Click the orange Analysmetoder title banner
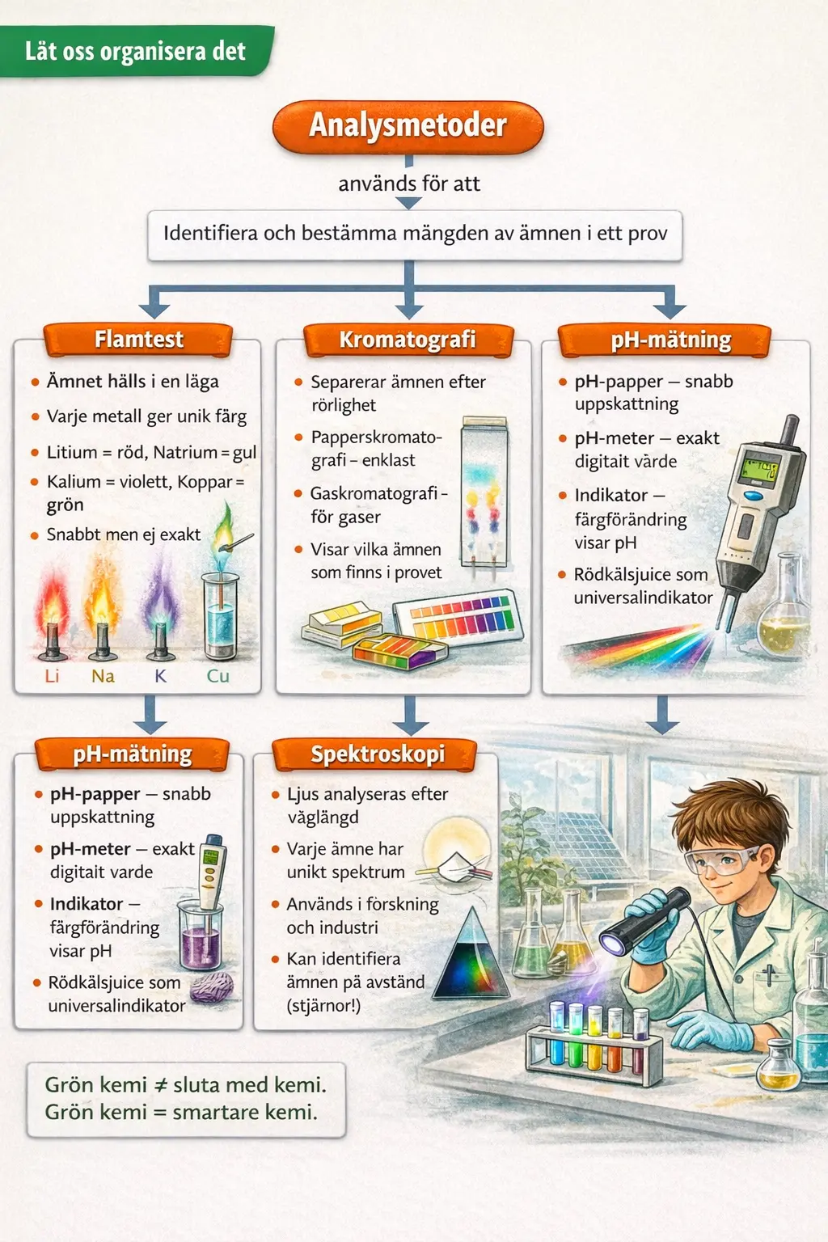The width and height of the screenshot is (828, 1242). coord(408,126)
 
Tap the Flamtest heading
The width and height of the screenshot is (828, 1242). coord(138,340)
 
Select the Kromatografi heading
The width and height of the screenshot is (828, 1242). coord(408,340)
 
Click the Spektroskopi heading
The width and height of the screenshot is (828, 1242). coord(377,754)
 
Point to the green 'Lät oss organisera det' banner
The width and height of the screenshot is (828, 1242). coord(137,52)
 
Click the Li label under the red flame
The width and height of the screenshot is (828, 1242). coord(52,676)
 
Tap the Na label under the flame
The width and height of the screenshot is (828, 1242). coord(103,676)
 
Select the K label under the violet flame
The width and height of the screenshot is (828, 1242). coord(160,676)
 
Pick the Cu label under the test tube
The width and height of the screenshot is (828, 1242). coord(218,676)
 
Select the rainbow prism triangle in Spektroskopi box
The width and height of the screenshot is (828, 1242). coord(471,955)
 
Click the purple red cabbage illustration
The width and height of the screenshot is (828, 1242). coord(212,986)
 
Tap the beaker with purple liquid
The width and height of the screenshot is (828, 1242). coord(201,935)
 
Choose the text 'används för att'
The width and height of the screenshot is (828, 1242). coord(409,184)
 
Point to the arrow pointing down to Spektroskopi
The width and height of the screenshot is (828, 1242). coord(410,715)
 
